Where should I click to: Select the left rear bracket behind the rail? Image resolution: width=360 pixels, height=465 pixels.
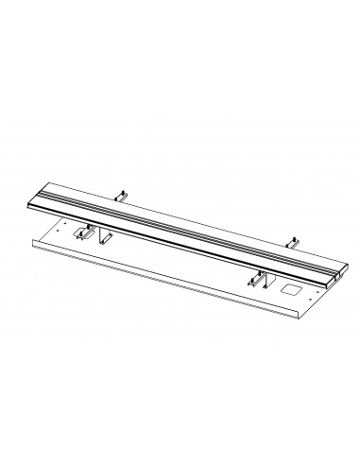coord(122,196)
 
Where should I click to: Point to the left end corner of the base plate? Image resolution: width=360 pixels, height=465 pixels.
coord(33,243)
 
